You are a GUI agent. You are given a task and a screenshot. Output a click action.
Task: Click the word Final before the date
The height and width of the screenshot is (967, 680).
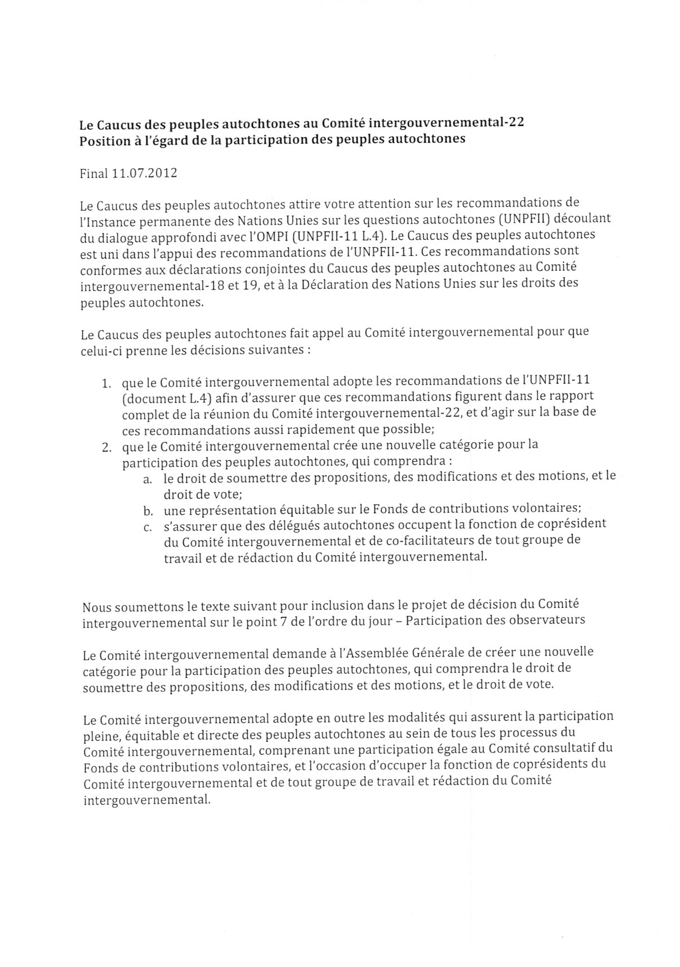(93, 173)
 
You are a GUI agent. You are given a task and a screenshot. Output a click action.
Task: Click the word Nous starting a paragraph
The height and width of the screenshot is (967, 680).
(96, 608)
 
